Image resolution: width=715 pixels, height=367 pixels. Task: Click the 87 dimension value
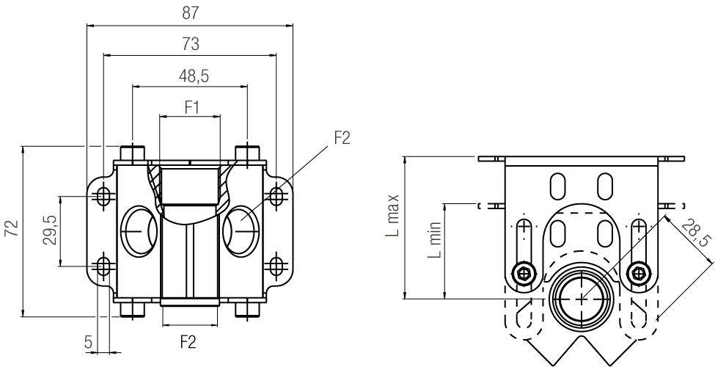(x=189, y=13)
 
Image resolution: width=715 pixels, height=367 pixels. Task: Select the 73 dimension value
(x=189, y=44)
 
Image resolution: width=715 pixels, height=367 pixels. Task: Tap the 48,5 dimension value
(x=189, y=76)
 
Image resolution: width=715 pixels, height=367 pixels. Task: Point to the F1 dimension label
(x=191, y=106)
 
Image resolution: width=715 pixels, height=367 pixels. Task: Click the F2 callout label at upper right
(x=342, y=139)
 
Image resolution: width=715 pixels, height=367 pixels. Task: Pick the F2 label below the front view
(x=189, y=342)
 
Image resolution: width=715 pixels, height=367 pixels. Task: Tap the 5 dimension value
(x=88, y=342)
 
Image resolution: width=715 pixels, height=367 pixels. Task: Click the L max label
(x=394, y=217)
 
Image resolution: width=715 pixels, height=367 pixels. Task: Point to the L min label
(x=435, y=242)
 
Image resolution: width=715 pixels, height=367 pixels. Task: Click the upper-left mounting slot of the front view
(x=104, y=196)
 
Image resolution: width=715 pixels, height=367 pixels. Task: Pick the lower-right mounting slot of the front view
(x=276, y=265)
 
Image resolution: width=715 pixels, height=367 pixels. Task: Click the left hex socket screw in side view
(x=522, y=274)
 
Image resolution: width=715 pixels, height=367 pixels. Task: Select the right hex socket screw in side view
(x=640, y=274)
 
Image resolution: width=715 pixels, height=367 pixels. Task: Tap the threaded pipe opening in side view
(x=581, y=298)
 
